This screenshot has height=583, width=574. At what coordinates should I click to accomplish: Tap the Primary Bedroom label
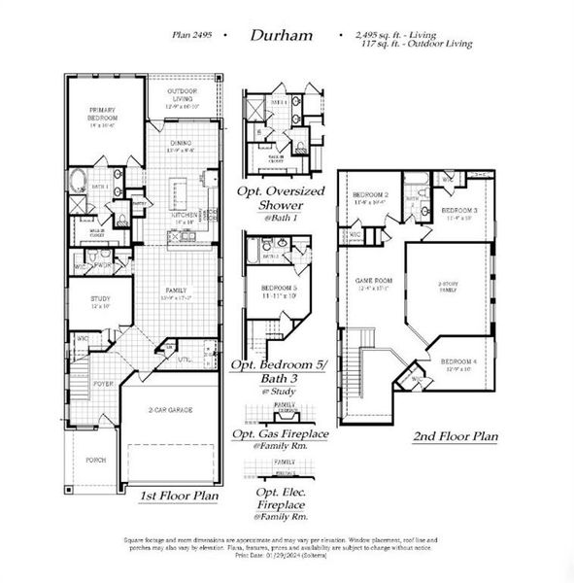[102, 115]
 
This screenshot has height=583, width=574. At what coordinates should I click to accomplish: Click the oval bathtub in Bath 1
[77, 180]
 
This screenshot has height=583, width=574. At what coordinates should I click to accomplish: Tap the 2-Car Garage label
[171, 411]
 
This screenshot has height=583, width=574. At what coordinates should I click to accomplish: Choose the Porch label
[94, 461]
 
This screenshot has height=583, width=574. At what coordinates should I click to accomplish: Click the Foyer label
[104, 384]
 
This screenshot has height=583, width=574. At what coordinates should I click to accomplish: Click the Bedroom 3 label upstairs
[458, 212]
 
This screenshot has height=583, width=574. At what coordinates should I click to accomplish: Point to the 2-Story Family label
[447, 288]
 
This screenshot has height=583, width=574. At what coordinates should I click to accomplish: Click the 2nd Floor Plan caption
[455, 436]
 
